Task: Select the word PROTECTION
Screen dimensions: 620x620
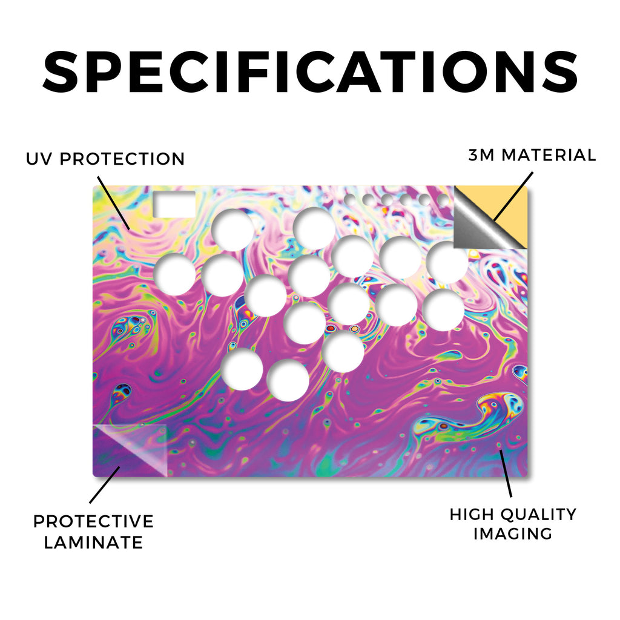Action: point(122,159)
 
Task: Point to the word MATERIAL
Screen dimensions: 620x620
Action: point(549,155)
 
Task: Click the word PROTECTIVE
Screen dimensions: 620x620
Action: point(93,521)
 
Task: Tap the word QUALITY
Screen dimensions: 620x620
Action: point(538,515)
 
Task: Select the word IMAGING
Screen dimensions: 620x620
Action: point(513,534)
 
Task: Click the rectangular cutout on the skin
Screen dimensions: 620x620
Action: point(174,204)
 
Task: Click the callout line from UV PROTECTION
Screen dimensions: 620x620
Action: point(113,203)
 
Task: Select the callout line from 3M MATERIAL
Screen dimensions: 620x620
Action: point(513,196)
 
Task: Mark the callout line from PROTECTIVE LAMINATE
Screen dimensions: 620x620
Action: point(105,485)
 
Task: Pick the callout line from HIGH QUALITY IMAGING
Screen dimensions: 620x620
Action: point(506,473)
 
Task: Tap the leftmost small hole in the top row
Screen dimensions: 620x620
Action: point(350,200)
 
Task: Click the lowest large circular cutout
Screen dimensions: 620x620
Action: point(288,380)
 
